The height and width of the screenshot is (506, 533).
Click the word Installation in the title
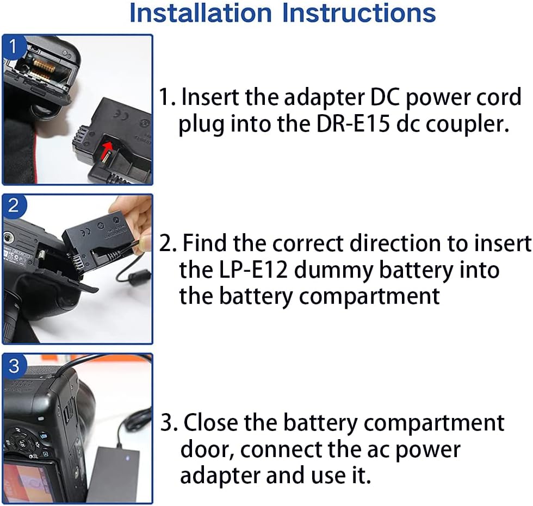pyautogui.click(x=201, y=13)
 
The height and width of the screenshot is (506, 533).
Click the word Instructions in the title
pyautogui.click(x=359, y=13)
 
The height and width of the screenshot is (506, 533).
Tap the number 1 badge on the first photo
pyautogui.click(x=14, y=46)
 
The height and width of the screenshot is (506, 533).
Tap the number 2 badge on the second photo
pyautogui.click(x=14, y=206)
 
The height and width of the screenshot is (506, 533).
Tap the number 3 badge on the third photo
pyautogui.click(x=14, y=366)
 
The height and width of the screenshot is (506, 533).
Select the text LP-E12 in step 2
pyautogui.click(x=252, y=270)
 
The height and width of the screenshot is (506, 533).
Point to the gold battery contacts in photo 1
pyautogui.click(x=44, y=66)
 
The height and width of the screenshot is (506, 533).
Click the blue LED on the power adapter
pyautogui.click(x=127, y=458)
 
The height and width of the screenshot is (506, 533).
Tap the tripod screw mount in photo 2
pyautogui.click(x=8, y=238)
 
